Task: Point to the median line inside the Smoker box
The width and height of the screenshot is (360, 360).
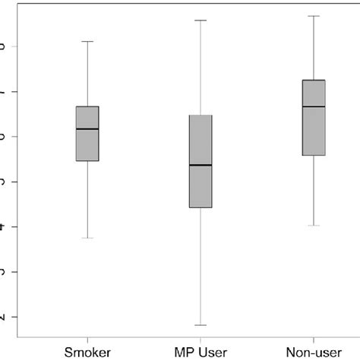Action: tap(88, 129)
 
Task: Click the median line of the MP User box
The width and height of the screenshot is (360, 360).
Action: tap(201, 165)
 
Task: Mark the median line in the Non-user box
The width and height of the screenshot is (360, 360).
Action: tap(314, 106)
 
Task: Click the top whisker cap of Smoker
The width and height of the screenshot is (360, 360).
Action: tap(88, 41)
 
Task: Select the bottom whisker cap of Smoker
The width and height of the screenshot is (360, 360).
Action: tap(88, 238)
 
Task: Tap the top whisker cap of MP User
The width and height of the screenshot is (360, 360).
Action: tap(201, 20)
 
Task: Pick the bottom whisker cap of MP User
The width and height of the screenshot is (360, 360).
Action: tap(201, 325)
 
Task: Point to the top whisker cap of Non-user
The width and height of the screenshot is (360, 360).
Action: tap(314, 15)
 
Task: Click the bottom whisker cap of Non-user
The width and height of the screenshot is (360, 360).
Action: tap(314, 226)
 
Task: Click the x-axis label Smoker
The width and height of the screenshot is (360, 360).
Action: tap(88, 352)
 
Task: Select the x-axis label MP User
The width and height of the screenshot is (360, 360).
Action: tap(201, 352)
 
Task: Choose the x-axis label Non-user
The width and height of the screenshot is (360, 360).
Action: tap(314, 352)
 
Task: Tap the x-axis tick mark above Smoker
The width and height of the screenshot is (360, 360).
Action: tap(88, 340)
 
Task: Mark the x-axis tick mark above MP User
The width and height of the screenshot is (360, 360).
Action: tap(201, 340)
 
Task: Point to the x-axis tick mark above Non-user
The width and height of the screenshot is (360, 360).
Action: tap(314, 340)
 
